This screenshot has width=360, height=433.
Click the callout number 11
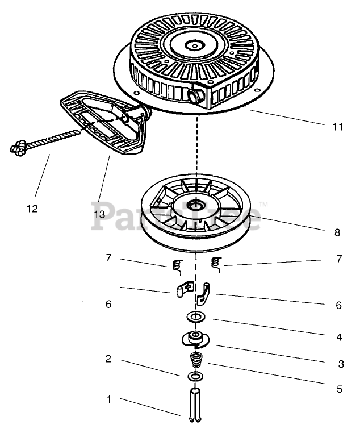(x=338, y=127)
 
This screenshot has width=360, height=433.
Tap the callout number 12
(x=32, y=209)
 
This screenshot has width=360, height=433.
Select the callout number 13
(x=100, y=214)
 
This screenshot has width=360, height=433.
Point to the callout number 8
(x=337, y=232)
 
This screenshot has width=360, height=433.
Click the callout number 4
(x=339, y=337)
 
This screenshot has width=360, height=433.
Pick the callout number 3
(x=341, y=364)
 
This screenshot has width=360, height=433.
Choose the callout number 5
(x=339, y=389)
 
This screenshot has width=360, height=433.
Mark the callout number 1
(x=108, y=399)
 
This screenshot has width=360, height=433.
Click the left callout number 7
(x=107, y=258)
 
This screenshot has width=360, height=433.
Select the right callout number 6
(x=338, y=305)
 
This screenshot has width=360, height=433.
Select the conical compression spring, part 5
(x=195, y=361)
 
